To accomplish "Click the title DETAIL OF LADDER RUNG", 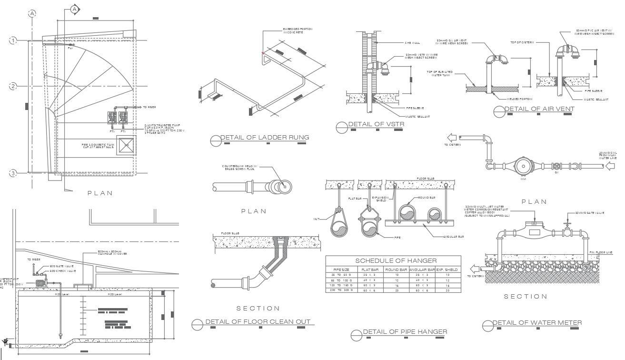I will point(265,138).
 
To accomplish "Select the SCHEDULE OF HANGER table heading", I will point(396,260).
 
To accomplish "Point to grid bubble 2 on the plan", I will point(13,86).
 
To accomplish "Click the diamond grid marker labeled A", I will point(74,9).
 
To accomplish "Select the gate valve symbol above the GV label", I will point(556,167).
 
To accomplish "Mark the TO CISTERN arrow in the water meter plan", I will point(450,138).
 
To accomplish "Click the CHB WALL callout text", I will point(411,43).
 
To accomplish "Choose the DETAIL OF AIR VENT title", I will point(539,109).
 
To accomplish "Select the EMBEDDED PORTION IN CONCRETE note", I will point(298,30).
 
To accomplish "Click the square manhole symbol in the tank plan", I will point(126,145).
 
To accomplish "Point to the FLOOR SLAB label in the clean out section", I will point(230,234).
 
